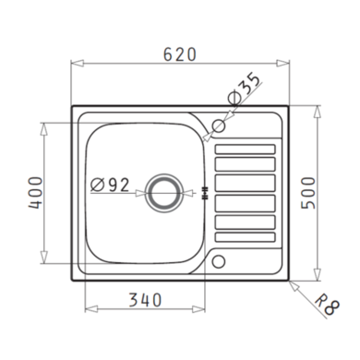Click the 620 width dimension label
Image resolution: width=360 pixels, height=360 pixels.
(x=180, y=54)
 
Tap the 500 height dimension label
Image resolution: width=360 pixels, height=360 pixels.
(x=308, y=193)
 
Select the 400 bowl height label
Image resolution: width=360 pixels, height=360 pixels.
(x=35, y=193)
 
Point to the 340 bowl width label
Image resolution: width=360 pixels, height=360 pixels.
(x=145, y=300)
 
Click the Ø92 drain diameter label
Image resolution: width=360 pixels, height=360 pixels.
(x=110, y=185)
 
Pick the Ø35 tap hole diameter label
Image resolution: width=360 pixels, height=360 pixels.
(x=244, y=88)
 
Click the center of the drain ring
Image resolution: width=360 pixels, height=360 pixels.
(x=163, y=193)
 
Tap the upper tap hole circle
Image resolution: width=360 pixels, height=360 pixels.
(x=219, y=126)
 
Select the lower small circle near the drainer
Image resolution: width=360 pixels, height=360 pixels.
(x=219, y=261)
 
